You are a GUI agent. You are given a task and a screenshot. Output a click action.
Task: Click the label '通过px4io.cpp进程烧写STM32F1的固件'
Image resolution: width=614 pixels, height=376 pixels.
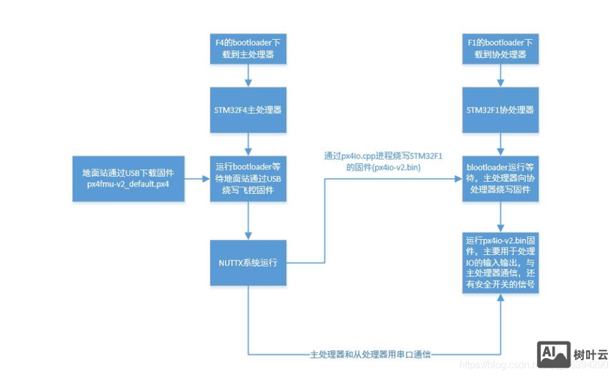(372, 161)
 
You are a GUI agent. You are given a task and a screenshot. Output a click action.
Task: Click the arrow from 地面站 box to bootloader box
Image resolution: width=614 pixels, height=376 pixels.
(195, 179)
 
